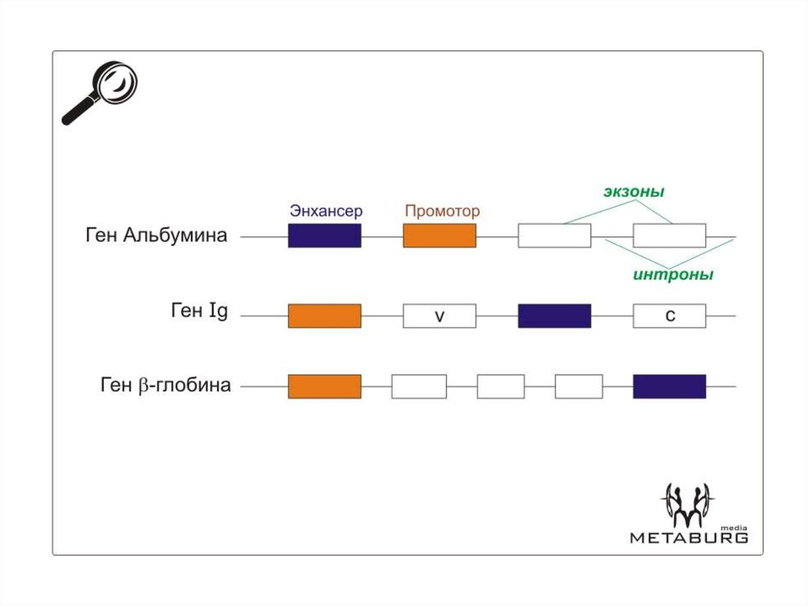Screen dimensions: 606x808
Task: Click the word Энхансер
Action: tap(325, 212)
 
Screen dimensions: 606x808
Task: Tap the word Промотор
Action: tap(442, 212)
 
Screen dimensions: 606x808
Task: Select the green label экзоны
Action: tap(634, 192)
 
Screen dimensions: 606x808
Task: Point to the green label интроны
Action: tap(672, 275)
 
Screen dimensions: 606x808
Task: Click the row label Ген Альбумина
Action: tap(156, 235)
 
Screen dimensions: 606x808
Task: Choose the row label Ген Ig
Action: tap(199, 312)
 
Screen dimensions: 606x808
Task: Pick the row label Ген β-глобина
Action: tap(166, 386)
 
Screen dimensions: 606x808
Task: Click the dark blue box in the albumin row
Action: tap(324, 235)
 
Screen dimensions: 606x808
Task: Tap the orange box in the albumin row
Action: tap(440, 235)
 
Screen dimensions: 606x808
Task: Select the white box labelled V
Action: tap(440, 316)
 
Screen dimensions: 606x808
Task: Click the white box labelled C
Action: tap(669, 316)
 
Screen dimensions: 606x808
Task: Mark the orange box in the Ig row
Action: tap(324, 316)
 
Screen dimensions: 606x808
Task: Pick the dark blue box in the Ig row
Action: tap(554, 316)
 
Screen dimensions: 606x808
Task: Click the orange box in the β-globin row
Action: tap(324, 386)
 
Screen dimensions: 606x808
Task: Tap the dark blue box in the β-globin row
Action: tap(669, 386)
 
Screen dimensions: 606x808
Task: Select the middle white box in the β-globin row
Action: tap(500, 386)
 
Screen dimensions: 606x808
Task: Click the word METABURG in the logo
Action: tap(688, 538)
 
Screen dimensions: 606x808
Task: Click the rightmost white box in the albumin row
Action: tap(669, 235)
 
